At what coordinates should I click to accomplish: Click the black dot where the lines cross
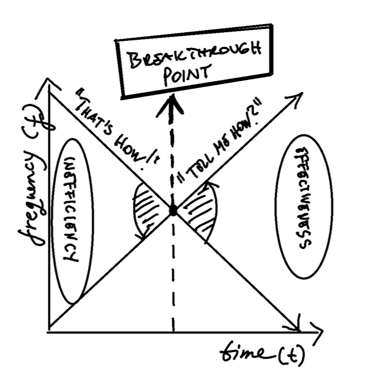[x=173, y=210]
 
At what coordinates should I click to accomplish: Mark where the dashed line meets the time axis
[x=173, y=332]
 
